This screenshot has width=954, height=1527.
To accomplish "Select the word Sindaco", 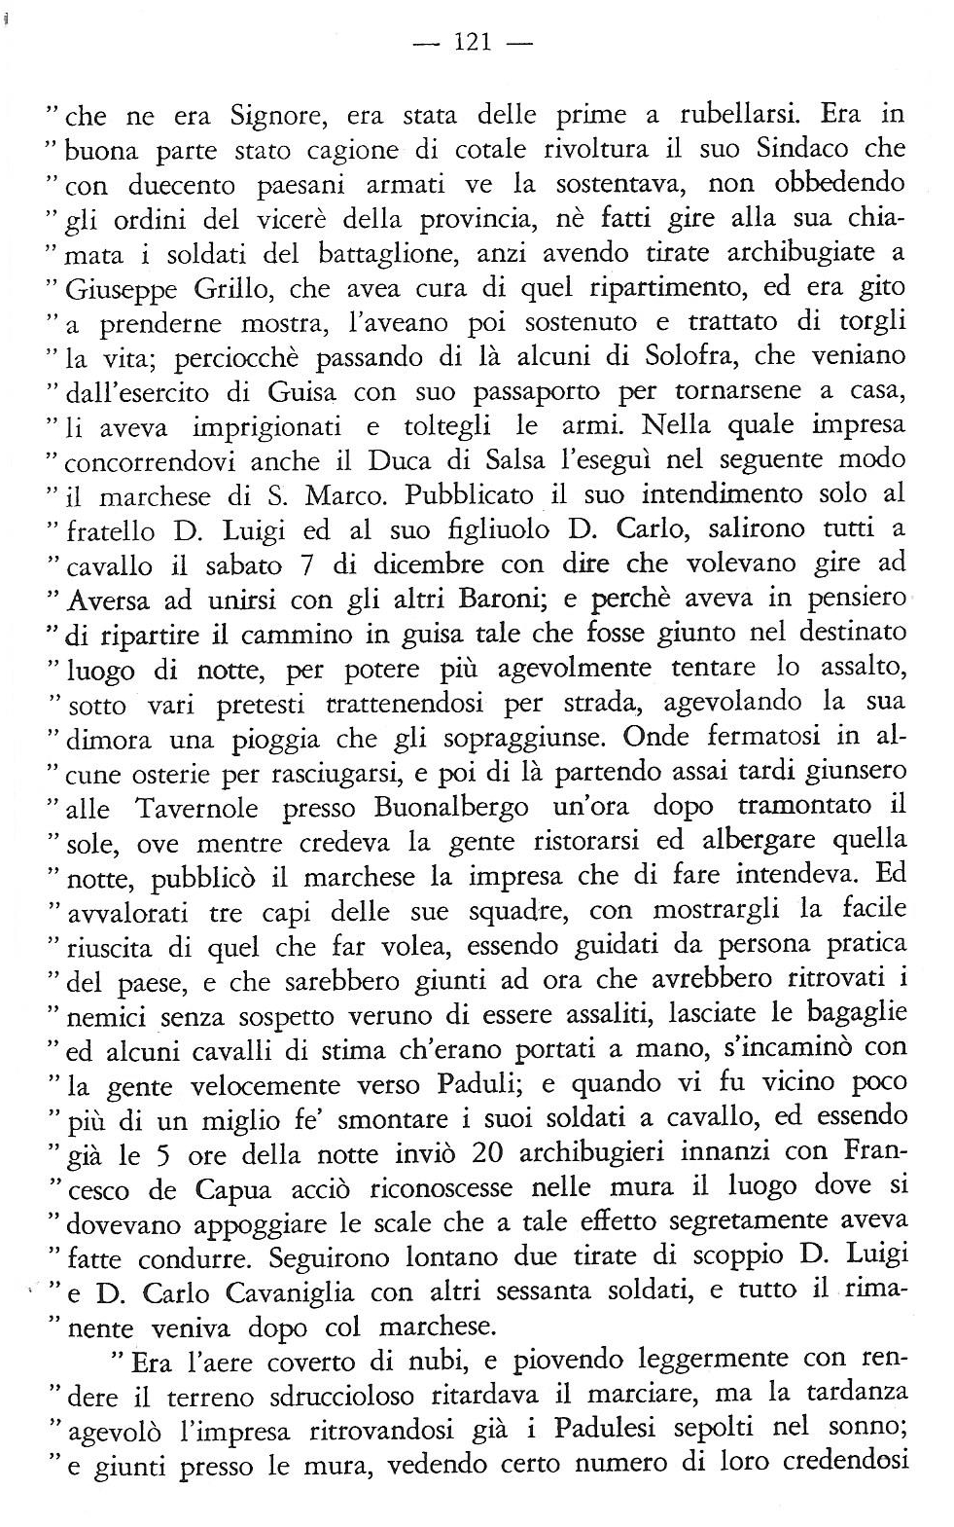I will coord(790,149).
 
